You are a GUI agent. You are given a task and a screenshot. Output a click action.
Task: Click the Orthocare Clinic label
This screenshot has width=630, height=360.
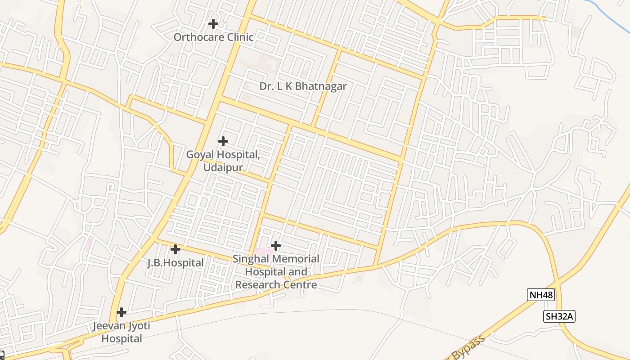[x=214, y=37]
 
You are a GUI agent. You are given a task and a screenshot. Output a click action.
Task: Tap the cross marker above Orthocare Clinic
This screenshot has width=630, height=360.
[x=213, y=23]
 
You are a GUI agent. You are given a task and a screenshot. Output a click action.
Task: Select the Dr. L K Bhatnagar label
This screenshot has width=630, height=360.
[x=303, y=86]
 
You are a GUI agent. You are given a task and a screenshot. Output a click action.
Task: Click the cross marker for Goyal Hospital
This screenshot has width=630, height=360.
[x=223, y=141]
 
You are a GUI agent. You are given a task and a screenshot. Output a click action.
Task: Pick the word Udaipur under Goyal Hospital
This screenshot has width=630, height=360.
[x=223, y=167]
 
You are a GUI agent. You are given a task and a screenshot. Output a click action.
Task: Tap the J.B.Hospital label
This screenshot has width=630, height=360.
[x=175, y=263]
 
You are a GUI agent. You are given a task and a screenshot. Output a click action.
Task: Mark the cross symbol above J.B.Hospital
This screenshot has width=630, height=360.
[x=175, y=249]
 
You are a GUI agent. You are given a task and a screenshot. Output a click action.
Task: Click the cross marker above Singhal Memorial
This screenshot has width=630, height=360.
[x=276, y=246]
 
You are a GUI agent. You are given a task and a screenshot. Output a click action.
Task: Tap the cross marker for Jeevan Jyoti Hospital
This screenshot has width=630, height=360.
[x=121, y=312]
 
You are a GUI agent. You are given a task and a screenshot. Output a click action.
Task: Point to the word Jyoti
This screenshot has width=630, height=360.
[x=139, y=326]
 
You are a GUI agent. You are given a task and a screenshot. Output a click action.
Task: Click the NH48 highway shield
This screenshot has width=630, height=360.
[x=541, y=295]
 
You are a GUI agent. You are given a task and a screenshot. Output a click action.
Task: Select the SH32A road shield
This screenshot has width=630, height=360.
[x=559, y=316]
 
